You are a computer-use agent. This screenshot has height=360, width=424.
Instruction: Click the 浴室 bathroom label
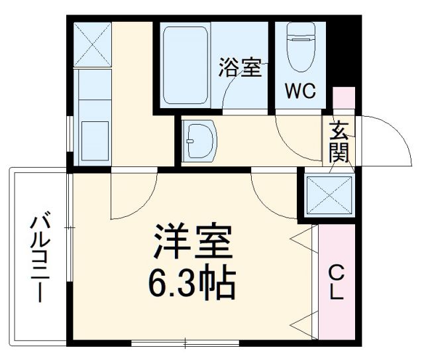tap(240, 69)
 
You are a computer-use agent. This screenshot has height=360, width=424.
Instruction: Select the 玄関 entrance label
tap(339, 141)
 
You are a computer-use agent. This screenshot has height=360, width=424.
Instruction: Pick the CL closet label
tap(337, 282)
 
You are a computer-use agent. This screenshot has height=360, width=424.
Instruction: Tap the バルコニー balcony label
tap(39, 255)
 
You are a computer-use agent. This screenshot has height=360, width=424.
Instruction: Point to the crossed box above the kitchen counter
tap(92, 44)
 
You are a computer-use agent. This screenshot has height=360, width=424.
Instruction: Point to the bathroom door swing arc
tap(242, 90)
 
